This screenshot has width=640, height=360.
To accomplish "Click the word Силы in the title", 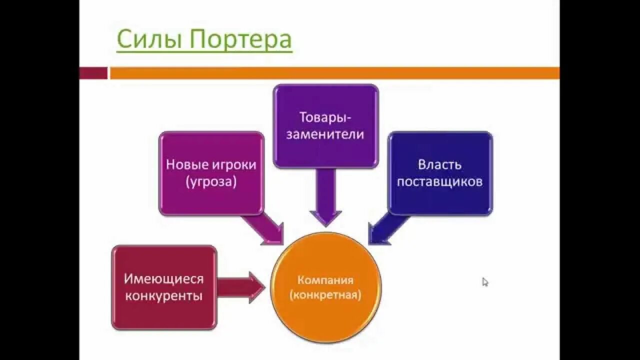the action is [x=148, y=40].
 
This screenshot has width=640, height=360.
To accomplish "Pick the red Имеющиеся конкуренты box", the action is [x=164, y=287].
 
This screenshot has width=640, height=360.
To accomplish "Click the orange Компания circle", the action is [x=325, y=287].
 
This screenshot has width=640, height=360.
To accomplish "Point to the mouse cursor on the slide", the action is [x=484, y=281].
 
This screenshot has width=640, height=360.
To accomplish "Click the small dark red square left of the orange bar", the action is [x=93, y=73].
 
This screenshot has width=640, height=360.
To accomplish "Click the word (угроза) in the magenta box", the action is [x=211, y=181].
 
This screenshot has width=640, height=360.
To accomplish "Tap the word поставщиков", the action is [x=440, y=181].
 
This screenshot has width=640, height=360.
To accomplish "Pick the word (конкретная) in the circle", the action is [x=325, y=295].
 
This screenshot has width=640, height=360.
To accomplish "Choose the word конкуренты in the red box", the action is [x=164, y=295].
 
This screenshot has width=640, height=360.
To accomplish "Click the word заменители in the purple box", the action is [x=325, y=134].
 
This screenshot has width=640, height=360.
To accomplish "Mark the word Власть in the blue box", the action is [x=440, y=164].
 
